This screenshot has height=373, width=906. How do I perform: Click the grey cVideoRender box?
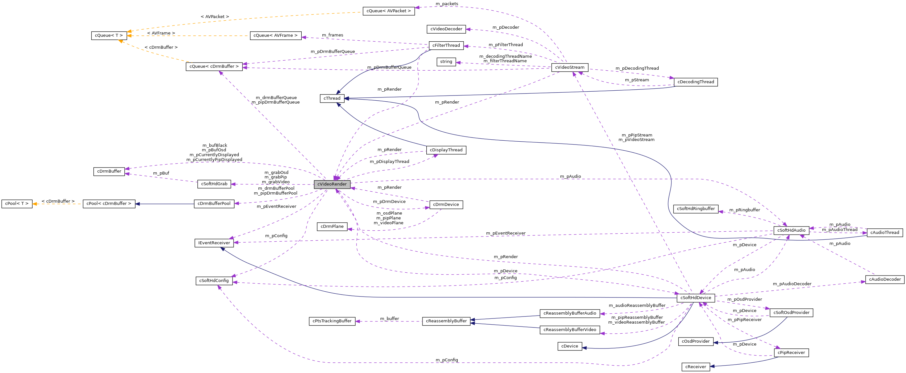point(332,184)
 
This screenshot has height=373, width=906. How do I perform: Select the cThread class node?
point(332,98)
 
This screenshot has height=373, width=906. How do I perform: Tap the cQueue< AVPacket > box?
point(388,11)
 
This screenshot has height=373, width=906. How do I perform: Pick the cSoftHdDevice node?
point(695,298)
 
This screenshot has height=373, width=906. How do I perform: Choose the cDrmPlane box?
point(332,227)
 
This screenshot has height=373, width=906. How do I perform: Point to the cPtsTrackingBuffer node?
point(332,321)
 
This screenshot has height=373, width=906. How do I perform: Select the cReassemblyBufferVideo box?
point(569,330)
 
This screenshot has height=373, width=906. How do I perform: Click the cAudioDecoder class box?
point(885,279)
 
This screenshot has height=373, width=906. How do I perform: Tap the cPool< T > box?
point(16,204)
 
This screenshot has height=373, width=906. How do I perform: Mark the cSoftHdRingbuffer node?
point(695,209)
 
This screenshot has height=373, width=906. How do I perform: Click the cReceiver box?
point(695,367)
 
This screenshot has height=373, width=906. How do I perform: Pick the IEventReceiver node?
point(214,243)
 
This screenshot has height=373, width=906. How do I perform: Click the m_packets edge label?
point(447,4)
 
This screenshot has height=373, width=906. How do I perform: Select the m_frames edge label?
point(332,35)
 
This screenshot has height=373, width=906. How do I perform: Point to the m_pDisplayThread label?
point(389,162)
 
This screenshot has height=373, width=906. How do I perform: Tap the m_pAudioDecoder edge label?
point(792,284)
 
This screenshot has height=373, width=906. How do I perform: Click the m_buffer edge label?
point(389,318)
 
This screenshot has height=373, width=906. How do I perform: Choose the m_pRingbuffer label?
point(744,210)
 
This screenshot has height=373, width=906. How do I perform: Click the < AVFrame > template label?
point(161,33)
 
